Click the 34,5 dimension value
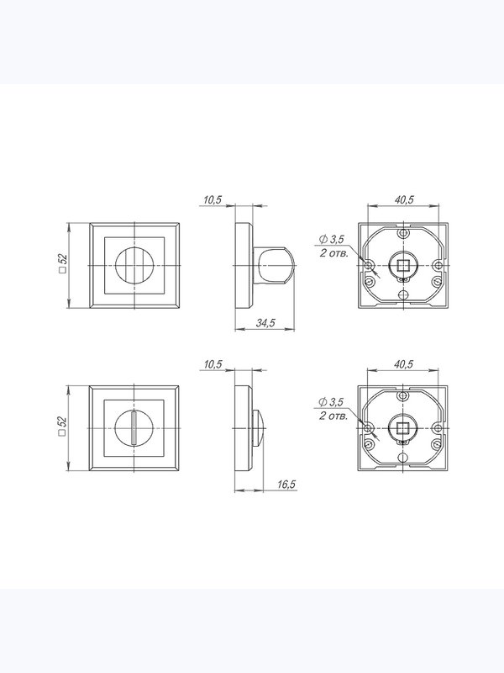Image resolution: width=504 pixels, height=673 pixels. pos(265,323)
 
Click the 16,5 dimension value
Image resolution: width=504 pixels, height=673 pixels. pos(286,485)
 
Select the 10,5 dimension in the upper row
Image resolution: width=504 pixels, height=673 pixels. pos(213,199)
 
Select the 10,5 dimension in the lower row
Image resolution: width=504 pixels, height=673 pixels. pos(213,364)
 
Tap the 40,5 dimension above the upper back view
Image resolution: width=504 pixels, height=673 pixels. pos(404,199)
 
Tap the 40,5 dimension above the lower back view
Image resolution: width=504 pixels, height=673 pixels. pos(403,364)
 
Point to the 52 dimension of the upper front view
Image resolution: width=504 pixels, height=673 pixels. pos(62,262)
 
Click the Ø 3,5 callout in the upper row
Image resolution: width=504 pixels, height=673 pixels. pos(331,240)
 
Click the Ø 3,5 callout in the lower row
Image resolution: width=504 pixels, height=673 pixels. pos(330,402)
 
